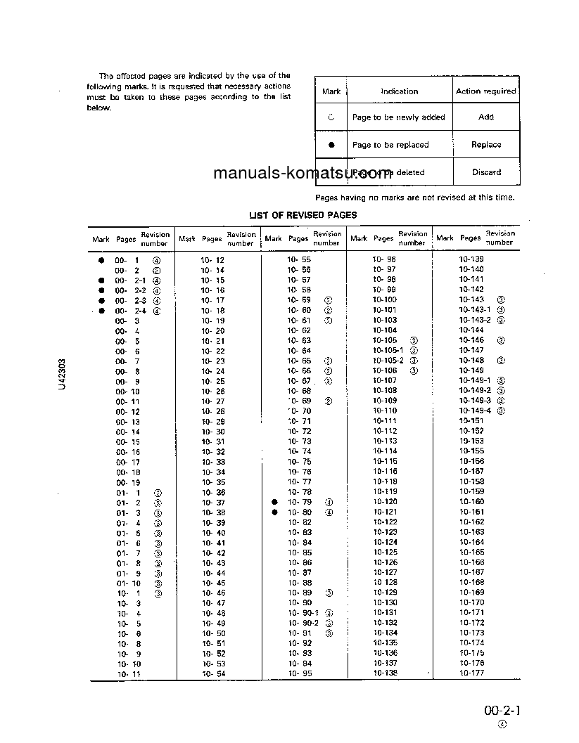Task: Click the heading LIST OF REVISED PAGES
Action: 303,215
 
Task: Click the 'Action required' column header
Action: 485,91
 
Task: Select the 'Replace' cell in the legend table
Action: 485,145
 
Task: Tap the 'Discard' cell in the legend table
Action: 486,172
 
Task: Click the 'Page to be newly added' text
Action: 398,117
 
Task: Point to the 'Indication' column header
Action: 399,91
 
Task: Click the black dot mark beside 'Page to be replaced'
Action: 331,145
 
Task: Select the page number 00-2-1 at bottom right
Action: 502,711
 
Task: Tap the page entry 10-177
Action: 471,673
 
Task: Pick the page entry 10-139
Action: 471,259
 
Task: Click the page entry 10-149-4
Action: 475,411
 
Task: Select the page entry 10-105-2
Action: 388,361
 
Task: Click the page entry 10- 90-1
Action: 303,613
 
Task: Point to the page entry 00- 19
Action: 127,482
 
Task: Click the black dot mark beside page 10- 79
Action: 275,502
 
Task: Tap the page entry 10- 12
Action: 212,259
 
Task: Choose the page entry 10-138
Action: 385,673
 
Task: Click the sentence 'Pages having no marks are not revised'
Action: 415,198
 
